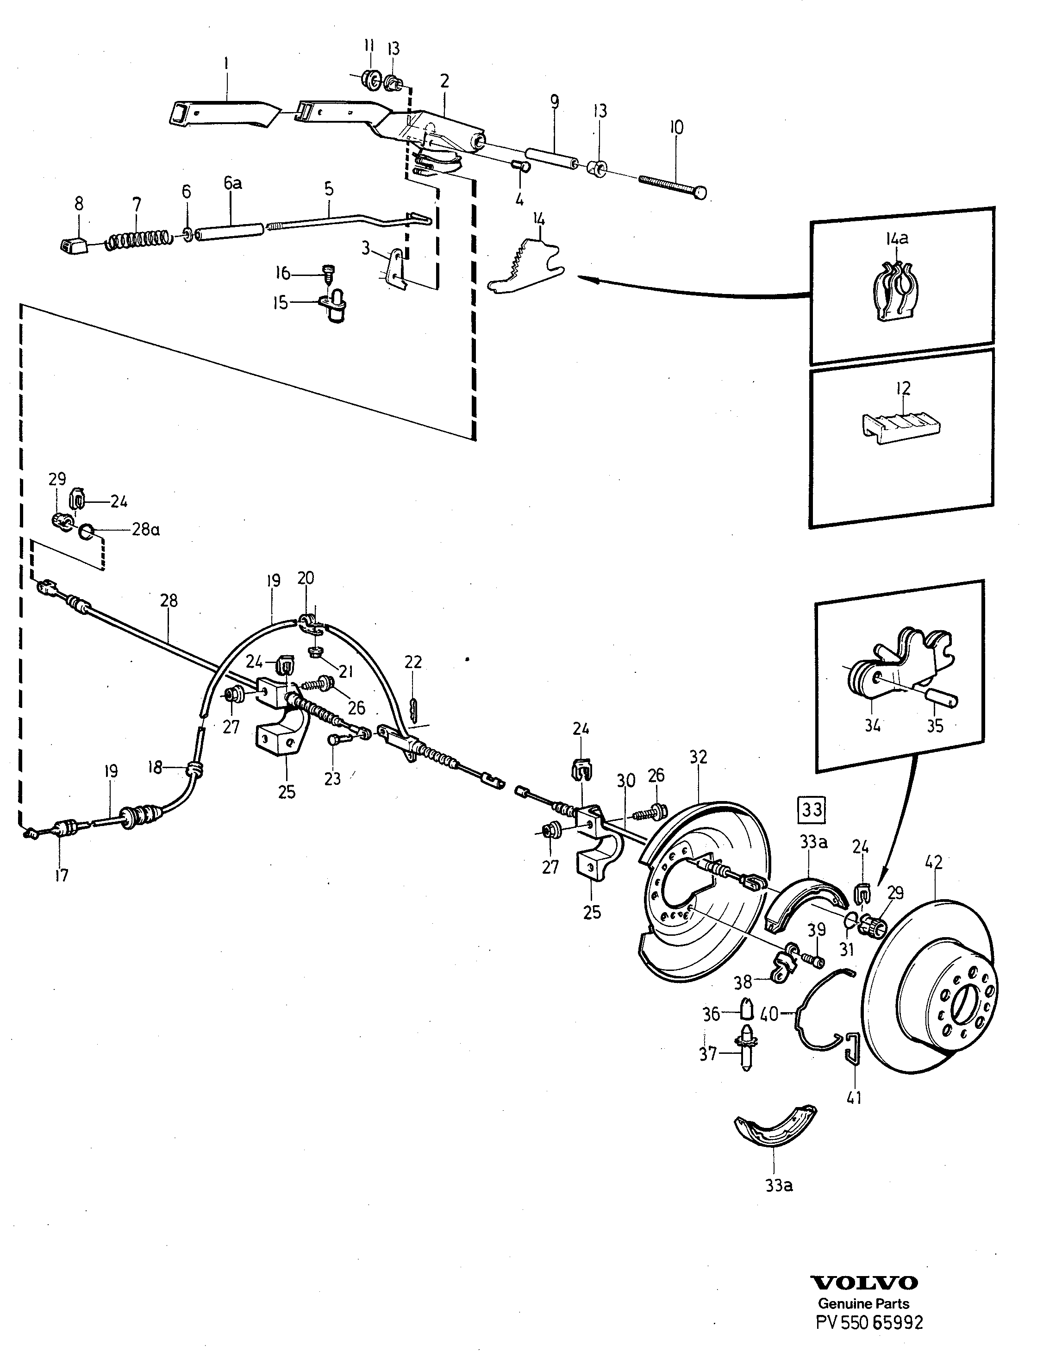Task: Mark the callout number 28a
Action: click(146, 530)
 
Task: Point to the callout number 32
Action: click(698, 757)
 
